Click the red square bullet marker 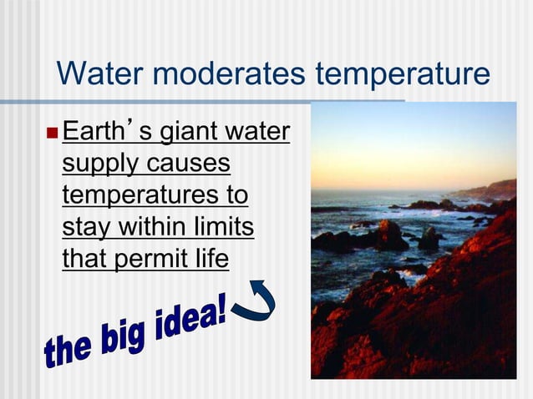point(53,134)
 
